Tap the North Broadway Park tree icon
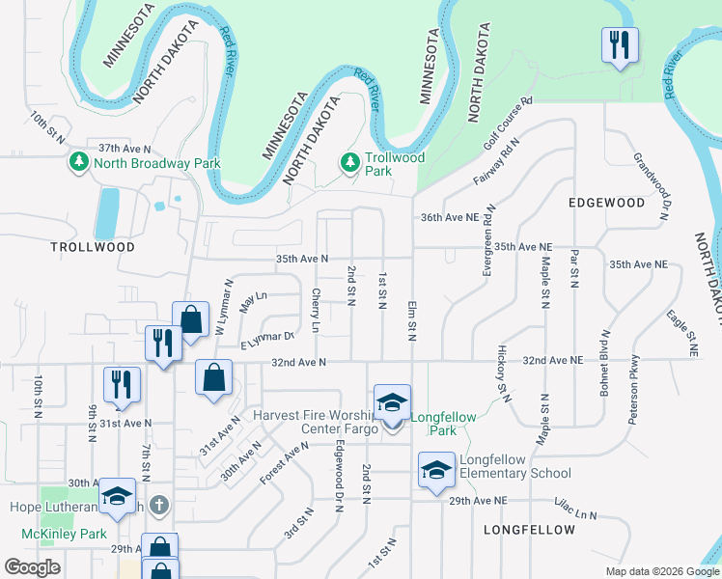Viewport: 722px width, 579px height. point(79,163)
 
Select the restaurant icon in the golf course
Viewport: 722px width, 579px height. point(619,44)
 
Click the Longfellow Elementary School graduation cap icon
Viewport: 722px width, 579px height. point(436,471)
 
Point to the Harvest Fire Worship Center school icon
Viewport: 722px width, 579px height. point(392,403)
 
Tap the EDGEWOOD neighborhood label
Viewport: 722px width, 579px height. point(606,203)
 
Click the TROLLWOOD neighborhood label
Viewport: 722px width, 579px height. point(93,247)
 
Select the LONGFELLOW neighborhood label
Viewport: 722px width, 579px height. point(522,531)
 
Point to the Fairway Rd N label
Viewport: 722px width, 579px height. point(497,161)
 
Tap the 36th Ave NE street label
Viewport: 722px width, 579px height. point(451,218)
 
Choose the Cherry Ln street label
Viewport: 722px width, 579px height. point(316,310)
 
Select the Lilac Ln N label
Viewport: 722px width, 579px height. point(576,509)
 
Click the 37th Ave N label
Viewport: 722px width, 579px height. point(125,149)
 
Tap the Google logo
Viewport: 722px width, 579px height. point(32,568)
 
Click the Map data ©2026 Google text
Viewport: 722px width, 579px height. point(661,571)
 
